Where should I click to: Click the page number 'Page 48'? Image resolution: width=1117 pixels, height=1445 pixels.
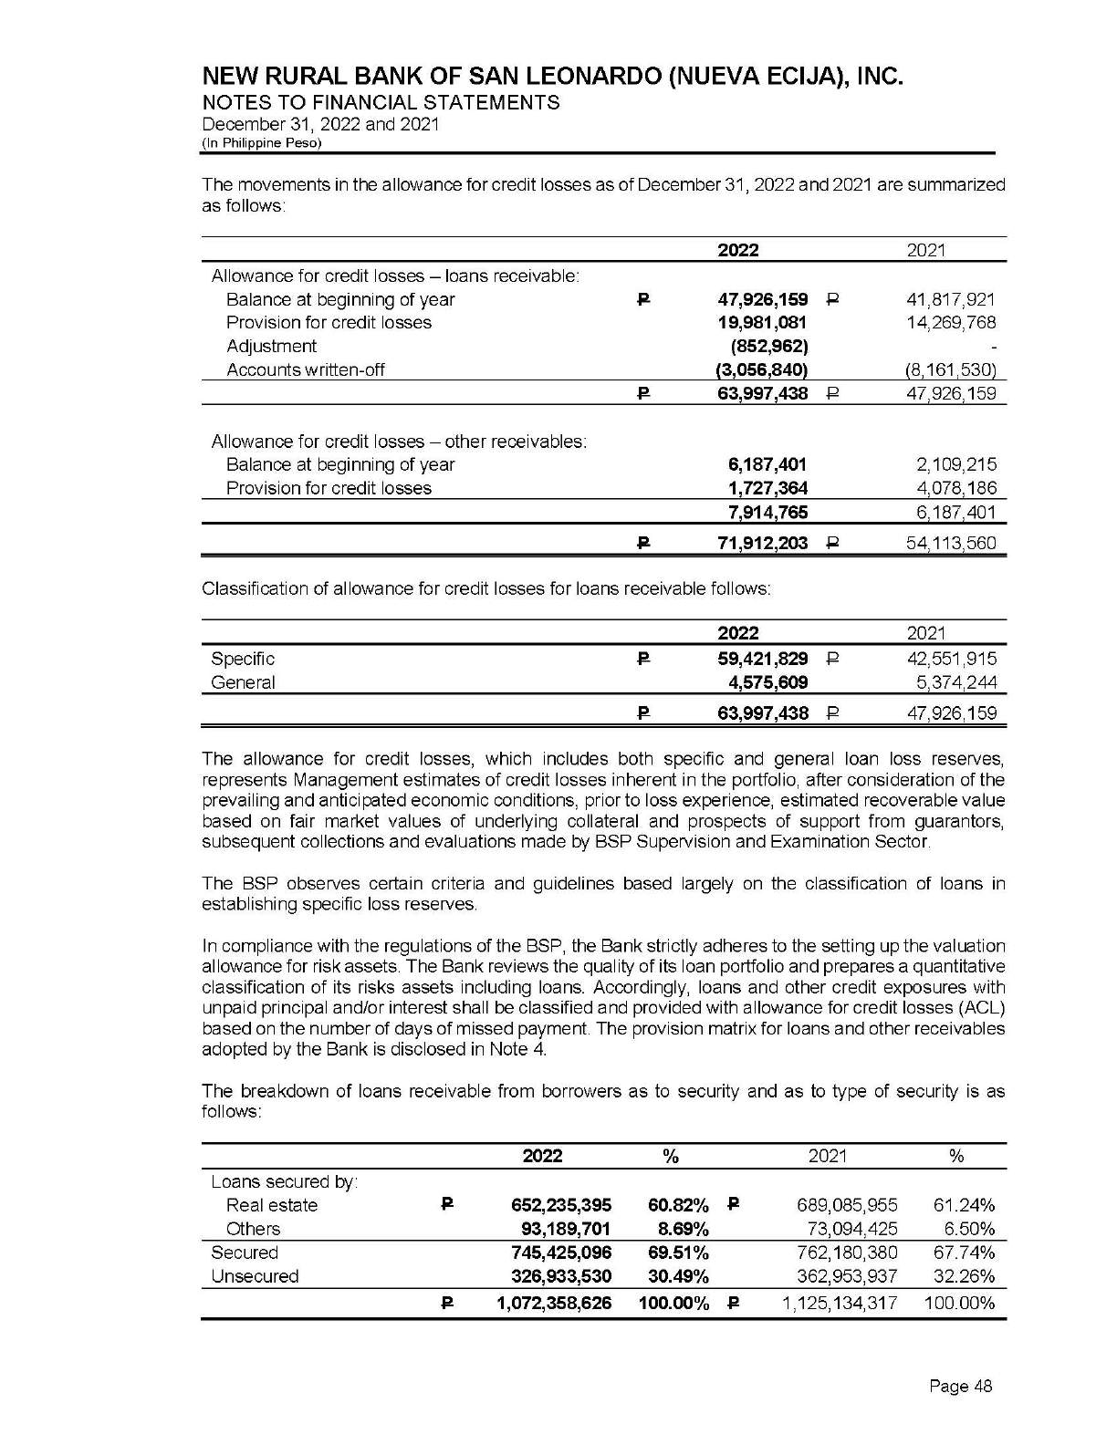[x=960, y=1387]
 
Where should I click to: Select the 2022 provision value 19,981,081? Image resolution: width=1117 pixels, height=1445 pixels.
[x=762, y=323]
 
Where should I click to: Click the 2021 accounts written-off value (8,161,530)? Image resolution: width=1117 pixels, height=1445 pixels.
[x=949, y=370]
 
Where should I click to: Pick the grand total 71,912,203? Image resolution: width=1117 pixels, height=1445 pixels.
[x=761, y=544]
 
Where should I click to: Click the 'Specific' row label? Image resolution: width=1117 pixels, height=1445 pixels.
[x=243, y=659]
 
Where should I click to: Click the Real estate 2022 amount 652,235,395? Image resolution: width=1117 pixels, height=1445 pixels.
[x=561, y=1205]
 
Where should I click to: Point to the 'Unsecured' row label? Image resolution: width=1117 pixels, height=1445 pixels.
[x=255, y=1276]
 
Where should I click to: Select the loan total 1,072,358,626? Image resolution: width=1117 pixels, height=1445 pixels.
[x=554, y=1304]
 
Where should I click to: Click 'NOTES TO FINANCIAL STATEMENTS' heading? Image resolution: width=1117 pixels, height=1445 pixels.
[x=381, y=102]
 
